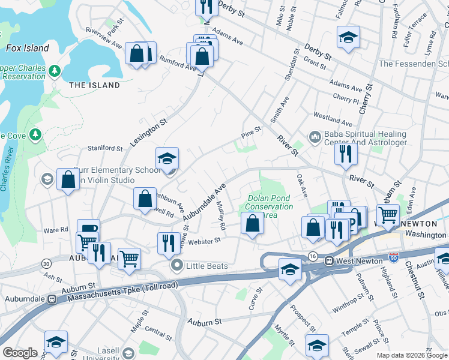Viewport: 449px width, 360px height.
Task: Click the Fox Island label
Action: [27, 48]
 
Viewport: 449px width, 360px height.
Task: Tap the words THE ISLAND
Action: [94, 86]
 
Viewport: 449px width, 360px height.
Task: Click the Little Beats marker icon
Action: [176, 265]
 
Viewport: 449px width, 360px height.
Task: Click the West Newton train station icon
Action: [329, 261]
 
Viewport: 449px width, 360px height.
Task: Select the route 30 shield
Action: [46, 263]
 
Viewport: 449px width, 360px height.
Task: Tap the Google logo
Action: [20, 353]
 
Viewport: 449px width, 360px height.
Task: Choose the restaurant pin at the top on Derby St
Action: [205, 7]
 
